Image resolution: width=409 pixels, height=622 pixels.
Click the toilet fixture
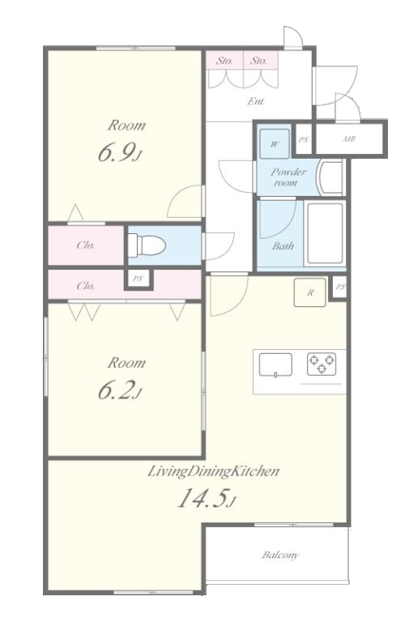click(147, 245)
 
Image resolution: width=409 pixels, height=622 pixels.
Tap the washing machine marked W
click(274, 143)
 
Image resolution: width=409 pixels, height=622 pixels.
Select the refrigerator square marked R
click(310, 292)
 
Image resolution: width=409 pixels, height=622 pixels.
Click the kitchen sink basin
click(275, 364)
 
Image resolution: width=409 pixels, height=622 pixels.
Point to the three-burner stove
click(322, 364)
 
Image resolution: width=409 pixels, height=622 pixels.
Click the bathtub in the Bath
click(325, 233)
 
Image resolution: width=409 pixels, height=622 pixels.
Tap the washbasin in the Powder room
click(330, 177)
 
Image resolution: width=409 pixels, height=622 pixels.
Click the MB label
click(349, 138)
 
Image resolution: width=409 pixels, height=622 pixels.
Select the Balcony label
click(280, 555)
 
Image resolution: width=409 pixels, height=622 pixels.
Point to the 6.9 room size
click(119, 153)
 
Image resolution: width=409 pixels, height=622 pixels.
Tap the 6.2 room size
click(119, 390)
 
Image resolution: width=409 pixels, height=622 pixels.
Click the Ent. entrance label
click(256, 101)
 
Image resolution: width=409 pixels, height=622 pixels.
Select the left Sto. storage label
click(224, 61)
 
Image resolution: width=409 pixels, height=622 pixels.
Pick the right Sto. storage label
click(258, 61)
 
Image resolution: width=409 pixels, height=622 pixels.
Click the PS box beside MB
click(304, 139)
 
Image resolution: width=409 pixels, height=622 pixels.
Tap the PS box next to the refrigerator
click(339, 288)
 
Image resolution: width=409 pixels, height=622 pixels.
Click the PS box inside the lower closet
click(138, 279)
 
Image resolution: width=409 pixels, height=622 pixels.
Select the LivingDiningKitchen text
click(214, 471)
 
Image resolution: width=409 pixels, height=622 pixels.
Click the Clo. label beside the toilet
click(86, 245)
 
